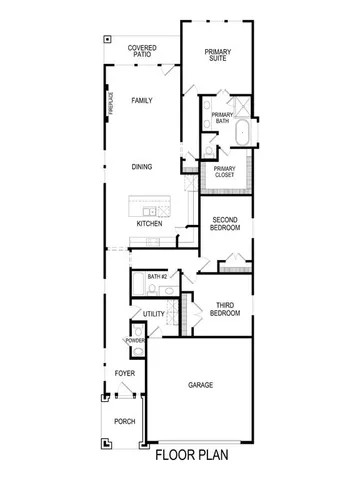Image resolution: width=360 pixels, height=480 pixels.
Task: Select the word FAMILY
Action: pyautogui.click(x=141, y=102)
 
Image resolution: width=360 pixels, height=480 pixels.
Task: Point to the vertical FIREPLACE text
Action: pyautogui.click(x=111, y=104)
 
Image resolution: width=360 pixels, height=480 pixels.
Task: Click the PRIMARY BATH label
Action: pyautogui.click(x=223, y=119)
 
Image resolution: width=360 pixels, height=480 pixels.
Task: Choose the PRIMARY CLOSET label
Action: pyautogui.click(x=223, y=172)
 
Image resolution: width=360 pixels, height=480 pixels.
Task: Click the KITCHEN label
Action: pyautogui.click(x=149, y=223)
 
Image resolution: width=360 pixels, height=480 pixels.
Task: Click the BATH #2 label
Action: pyautogui.click(x=156, y=276)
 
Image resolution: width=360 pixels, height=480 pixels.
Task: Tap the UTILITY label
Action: pyautogui.click(x=154, y=313)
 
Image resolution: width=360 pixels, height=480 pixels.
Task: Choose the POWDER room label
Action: pyautogui.click(x=135, y=341)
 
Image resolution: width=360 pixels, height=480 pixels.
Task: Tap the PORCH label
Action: pyautogui.click(x=124, y=421)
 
